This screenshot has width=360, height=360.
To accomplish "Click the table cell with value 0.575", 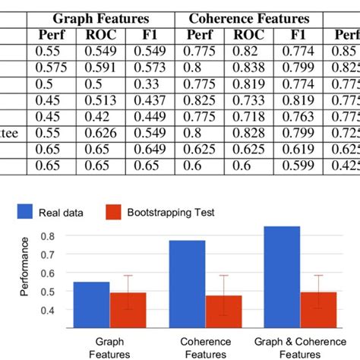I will [56, 68].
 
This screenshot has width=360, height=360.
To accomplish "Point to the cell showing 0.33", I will [150, 84].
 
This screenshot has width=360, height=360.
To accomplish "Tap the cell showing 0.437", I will [150, 100].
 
